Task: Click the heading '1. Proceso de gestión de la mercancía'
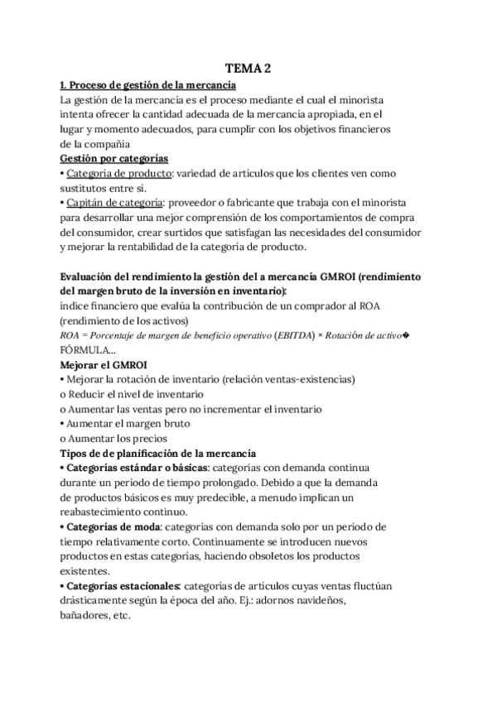[x=149, y=85]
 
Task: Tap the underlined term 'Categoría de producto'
[x=119, y=174]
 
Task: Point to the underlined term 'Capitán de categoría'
[x=115, y=204]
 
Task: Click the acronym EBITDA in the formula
[x=249, y=335]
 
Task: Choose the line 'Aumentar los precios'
[x=117, y=439]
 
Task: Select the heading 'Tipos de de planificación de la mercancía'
[x=159, y=453]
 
